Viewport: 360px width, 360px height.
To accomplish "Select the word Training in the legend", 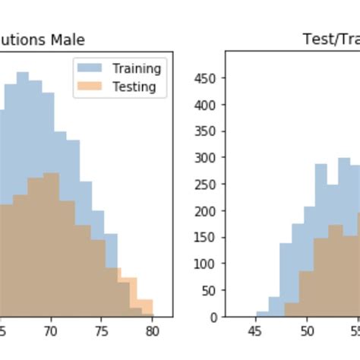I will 137,68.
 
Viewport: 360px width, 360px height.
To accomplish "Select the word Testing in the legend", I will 134,87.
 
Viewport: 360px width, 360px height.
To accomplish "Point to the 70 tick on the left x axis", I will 50,331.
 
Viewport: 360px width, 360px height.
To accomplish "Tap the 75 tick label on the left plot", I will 102,331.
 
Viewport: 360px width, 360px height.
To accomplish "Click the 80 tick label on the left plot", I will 152,331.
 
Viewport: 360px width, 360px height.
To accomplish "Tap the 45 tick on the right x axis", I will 255,331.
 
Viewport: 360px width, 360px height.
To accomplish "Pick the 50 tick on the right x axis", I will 307,331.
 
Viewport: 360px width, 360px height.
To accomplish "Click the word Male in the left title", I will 68,39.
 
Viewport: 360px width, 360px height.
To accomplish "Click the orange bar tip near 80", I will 145,305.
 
